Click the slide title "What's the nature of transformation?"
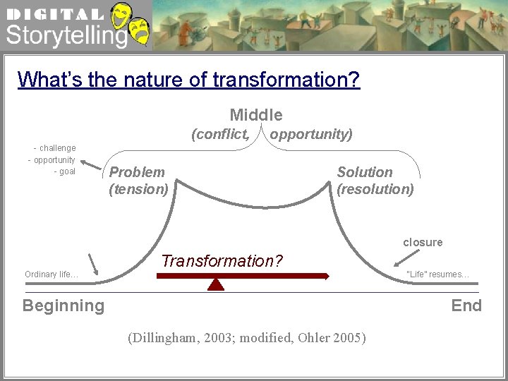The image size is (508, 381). tap(188, 79)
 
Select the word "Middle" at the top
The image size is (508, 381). tap(256, 115)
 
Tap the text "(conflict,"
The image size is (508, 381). tap(220, 134)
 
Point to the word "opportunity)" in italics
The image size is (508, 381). tap(311, 134)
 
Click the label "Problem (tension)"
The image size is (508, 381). tap(138, 181)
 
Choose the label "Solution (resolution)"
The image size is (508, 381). tap(375, 181)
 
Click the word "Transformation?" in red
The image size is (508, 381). tap(222, 261)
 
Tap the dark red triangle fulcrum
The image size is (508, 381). tap(217, 284)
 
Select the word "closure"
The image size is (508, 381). tap(423, 242)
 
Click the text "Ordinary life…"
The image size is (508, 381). tap(52, 274)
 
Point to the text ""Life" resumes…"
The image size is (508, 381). tap(437, 274)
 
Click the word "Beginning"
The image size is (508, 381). tap(64, 306)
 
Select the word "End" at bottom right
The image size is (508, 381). tap(466, 306)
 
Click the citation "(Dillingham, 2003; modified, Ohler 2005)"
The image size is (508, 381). tap(247, 338)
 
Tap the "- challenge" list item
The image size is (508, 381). tap(54, 148)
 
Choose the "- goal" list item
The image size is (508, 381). tap(64, 171)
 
